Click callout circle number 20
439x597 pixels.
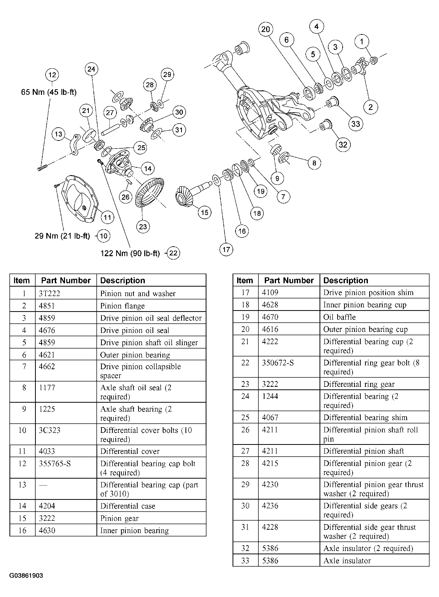266,29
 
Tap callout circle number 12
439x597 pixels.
52,75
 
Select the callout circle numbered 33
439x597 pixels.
356,124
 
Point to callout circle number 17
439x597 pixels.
226,249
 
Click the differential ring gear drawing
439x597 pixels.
149,193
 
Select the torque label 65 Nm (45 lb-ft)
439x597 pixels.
49,92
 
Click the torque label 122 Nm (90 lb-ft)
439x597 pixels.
130,253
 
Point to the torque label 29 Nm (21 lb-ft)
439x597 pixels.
62,236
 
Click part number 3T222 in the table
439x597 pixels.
49,294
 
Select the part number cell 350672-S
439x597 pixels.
278,363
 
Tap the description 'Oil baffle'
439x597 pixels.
339,317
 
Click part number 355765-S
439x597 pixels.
55,464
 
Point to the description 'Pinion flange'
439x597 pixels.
122,306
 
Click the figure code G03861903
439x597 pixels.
26,576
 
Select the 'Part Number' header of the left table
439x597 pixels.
66,280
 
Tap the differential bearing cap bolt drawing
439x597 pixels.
42,167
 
